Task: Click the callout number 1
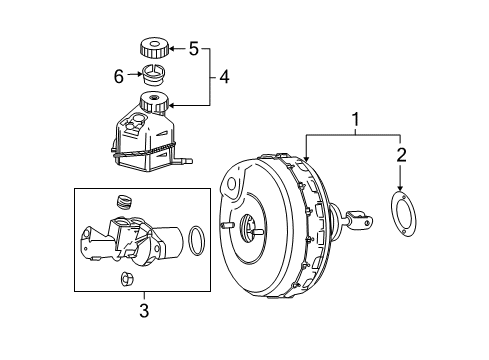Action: (356, 119)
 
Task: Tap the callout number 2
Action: (401, 155)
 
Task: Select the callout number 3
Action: (144, 310)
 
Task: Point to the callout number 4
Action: (224, 77)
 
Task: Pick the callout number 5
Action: (194, 49)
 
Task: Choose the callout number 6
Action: (119, 76)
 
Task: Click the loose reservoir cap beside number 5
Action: (154, 48)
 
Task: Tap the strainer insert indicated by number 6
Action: (154, 75)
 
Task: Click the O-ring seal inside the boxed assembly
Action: (189, 241)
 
